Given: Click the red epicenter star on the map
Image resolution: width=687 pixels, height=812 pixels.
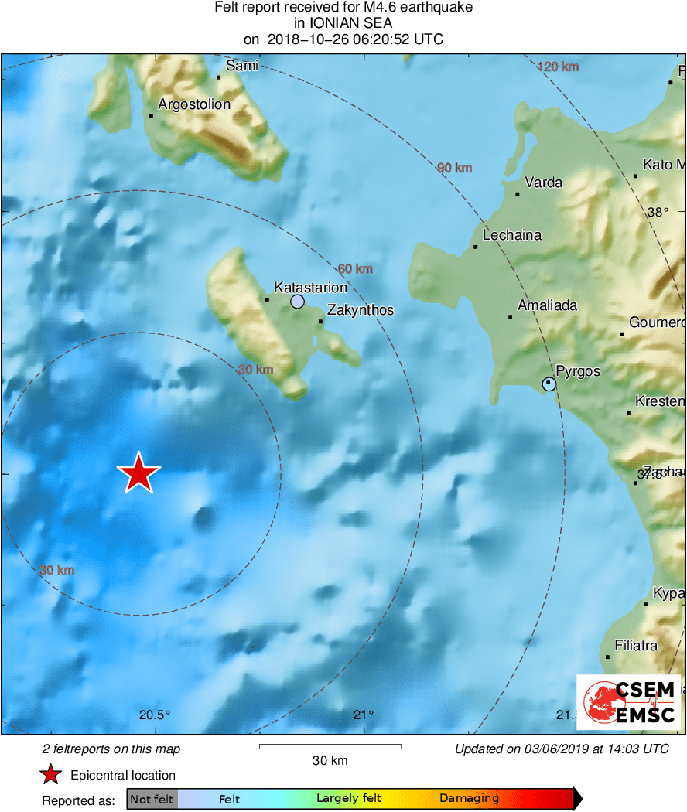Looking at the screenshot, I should pyautogui.click(x=138, y=473).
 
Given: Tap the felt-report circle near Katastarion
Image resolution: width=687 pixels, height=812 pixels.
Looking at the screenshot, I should pyautogui.click(x=298, y=302).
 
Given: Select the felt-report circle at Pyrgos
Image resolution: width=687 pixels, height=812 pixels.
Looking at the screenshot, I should pyautogui.click(x=549, y=384).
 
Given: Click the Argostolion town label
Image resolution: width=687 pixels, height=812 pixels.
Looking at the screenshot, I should pyautogui.click(x=194, y=104).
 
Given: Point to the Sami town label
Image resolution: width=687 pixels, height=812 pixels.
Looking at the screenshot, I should pyautogui.click(x=241, y=67).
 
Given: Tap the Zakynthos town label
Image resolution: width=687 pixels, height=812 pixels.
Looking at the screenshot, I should pyautogui.click(x=361, y=310).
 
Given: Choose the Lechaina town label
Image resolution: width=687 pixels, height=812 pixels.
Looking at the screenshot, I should pyautogui.click(x=512, y=235).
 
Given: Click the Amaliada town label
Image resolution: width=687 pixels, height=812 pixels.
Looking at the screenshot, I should pyautogui.click(x=548, y=305).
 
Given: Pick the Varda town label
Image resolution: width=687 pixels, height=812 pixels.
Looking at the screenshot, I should pyautogui.click(x=543, y=183).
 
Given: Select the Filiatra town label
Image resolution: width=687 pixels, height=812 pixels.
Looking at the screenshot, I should pyautogui.click(x=636, y=645).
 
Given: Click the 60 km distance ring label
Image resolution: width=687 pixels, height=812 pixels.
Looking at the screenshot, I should pyautogui.click(x=356, y=269).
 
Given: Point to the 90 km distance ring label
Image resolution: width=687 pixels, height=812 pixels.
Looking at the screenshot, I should pyautogui.click(x=454, y=168).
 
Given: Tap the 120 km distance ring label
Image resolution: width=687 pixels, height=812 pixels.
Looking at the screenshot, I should pyautogui.click(x=558, y=67).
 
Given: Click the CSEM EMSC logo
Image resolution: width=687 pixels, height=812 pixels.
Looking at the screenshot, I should pyautogui.click(x=628, y=701).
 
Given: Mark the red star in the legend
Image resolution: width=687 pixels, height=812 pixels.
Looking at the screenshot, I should pyautogui.click(x=51, y=775).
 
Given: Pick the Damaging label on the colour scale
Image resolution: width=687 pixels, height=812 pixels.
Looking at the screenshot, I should pyautogui.click(x=469, y=799).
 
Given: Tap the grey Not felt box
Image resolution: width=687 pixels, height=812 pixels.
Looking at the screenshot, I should pyautogui.click(x=152, y=799).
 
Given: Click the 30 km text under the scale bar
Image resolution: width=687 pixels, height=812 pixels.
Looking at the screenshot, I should pyautogui.click(x=330, y=760).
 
